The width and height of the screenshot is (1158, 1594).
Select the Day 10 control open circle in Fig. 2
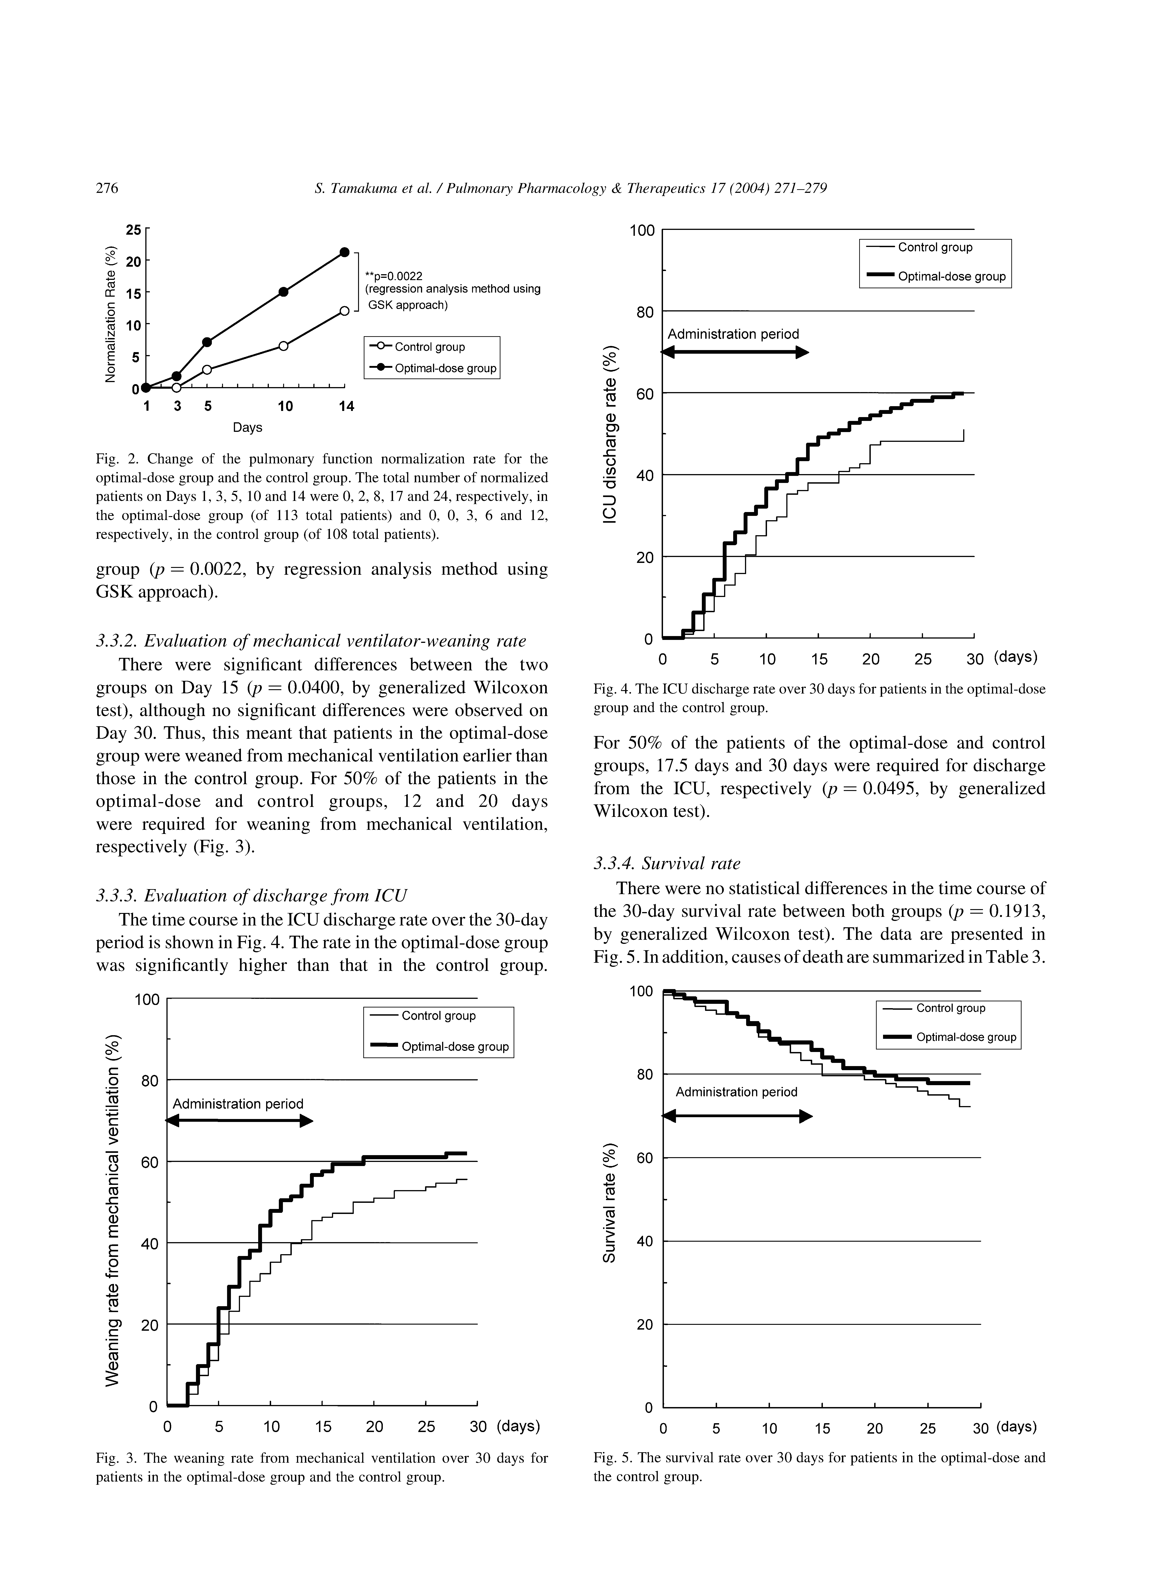283,346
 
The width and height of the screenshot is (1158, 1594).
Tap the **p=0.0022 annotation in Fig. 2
393,276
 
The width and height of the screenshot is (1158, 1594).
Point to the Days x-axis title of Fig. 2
247,427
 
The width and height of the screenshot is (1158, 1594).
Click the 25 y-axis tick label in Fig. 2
133,230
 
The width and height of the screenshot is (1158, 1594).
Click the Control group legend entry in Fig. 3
438,1016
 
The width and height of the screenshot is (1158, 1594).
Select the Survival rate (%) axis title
611,1202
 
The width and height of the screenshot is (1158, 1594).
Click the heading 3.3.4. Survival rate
667,863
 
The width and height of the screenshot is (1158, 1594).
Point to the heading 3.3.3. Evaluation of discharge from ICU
251,895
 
